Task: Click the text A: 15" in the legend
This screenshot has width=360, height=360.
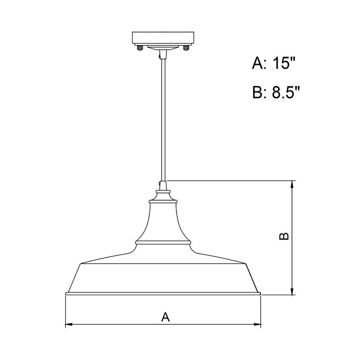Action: pyautogui.click(x=275, y=63)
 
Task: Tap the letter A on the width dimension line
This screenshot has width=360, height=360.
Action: pyautogui.click(x=165, y=317)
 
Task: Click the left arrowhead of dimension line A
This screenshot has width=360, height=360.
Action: pyautogui.click(x=69, y=324)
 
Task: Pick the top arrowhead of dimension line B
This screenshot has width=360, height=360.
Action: pyautogui.click(x=293, y=184)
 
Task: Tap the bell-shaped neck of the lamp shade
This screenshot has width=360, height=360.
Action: pyautogui.click(x=163, y=220)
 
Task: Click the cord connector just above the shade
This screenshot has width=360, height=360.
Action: pyautogui.click(x=163, y=184)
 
